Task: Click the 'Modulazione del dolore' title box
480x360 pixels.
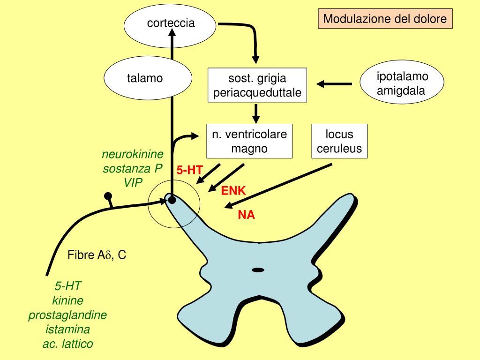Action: click(385, 19)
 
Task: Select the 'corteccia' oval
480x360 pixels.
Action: click(170, 26)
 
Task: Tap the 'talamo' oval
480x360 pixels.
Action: click(148, 78)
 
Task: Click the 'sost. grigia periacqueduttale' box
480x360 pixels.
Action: click(257, 85)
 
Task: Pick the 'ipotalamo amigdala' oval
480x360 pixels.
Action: click(402, 82)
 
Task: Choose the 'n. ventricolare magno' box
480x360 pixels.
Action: click(249, 141)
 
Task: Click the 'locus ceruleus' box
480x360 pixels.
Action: click(339, 141)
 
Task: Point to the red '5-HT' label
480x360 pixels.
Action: click(189, 170)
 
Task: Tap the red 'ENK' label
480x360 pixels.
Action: click(233, 191)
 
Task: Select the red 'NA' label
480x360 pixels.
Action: click(246, 215)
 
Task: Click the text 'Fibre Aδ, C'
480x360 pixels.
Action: click(97, 255)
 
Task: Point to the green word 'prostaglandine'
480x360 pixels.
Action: click(67, 315)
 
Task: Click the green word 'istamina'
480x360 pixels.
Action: click(67, 330)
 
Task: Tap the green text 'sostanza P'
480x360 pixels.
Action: click(132, 168)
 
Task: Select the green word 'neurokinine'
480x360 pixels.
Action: click(133, 154)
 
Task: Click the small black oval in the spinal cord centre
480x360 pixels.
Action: click(258, 270)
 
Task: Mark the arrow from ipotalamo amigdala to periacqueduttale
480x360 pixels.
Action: click(334, 83)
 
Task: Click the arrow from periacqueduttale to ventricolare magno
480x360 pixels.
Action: click(256, 114)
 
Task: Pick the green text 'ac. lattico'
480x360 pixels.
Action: click(67, 344)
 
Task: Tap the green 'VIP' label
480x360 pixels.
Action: click(133, 183)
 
